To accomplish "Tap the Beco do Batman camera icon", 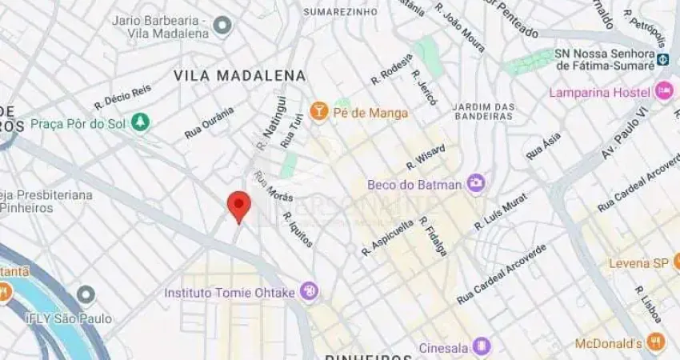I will (476, 184).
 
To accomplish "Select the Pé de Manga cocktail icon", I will (319, 112).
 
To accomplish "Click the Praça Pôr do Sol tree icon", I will (141, 123).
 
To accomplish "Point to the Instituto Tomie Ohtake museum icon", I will (309, 292).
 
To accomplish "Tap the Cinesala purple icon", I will (481, 346).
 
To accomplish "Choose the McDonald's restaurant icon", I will (656, 343).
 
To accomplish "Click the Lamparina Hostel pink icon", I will (663, 91).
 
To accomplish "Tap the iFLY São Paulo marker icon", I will (86, 296).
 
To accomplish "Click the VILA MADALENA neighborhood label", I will (240, 75).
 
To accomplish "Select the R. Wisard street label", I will (425, 157).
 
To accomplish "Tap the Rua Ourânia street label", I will (210, 122).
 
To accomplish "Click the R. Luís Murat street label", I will (501, 210).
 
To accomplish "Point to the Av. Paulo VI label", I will (625, 130).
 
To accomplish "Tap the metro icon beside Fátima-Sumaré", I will (662, 58).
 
